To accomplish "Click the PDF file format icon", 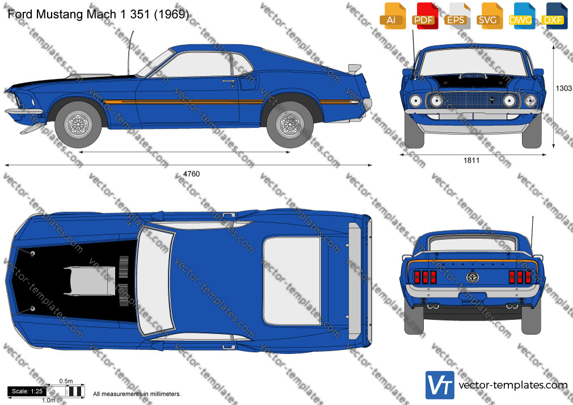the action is point(424,16).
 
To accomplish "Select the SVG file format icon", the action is point(489,16).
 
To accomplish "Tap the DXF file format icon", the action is point(554,16).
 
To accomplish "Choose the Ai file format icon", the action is point(393,16).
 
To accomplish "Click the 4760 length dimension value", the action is point(191,174).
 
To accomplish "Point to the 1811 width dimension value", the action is point(471,160).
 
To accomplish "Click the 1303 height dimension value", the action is point(563,88).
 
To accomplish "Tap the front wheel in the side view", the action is point(78,124).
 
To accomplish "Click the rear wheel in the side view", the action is point(290,124).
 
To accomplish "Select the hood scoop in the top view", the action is point(90,281).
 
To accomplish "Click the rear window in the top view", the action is point(292,281).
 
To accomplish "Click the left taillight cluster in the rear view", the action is point(424,277).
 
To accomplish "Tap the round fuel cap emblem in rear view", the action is point(473,277).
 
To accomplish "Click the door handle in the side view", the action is point(229,81).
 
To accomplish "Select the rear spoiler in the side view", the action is point(355,69).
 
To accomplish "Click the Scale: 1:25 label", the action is point(27,391).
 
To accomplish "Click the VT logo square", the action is point(440,385).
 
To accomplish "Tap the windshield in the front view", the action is point(473,61).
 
